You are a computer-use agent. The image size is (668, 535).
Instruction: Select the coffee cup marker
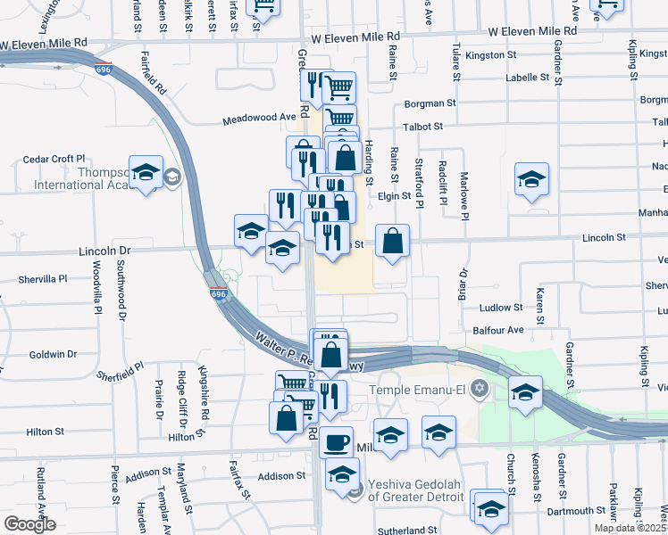click(337, 441)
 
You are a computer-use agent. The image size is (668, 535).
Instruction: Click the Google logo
click(29, 523)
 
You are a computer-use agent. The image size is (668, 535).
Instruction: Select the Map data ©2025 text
click(630, 528)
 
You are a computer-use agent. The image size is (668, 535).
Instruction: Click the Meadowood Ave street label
click(259, 117)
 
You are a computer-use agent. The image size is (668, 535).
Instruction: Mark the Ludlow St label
click(501, 308)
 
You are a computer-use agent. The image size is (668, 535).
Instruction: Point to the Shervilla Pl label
click(43, 279)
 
